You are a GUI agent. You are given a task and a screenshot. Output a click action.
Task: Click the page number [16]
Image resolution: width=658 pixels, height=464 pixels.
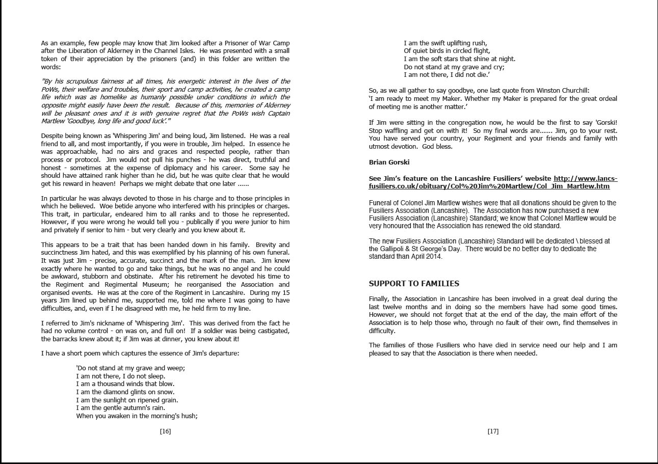point(165,431)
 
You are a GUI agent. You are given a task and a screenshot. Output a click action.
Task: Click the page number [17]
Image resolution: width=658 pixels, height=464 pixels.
point(493,431)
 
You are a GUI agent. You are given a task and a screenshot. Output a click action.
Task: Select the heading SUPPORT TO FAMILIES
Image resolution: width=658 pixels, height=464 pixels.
point(414,284)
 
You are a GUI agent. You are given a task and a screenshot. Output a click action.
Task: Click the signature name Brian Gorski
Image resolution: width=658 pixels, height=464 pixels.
point(388,162)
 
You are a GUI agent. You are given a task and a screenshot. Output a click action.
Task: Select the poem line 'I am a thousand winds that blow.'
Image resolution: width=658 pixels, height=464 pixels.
point(125,384)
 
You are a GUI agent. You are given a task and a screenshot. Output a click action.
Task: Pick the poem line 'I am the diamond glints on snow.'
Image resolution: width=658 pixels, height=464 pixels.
point(125,392)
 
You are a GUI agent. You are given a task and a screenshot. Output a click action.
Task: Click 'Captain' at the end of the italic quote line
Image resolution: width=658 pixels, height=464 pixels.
point(277,113)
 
